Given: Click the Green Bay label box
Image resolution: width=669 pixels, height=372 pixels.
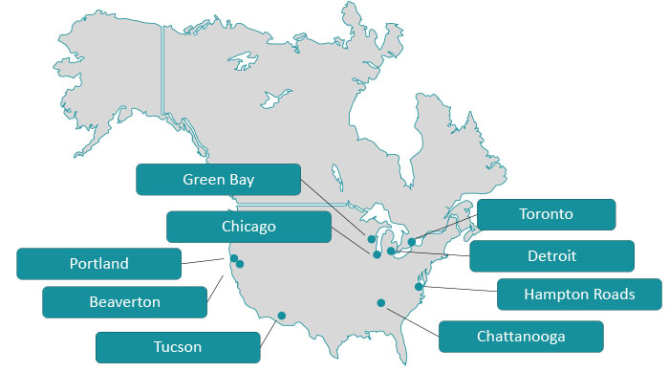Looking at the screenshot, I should coord(218,179).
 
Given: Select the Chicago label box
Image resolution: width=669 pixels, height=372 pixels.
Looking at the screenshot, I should coord(248,227).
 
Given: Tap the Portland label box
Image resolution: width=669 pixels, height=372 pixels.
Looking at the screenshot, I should coord(98,263).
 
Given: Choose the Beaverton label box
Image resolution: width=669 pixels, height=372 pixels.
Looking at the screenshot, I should coord(124,302).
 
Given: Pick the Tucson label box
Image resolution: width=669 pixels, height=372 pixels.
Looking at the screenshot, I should coord(178,346).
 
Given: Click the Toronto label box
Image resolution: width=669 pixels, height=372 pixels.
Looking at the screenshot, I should coord(545,214).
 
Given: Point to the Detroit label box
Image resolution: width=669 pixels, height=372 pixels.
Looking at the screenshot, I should coord(551,256).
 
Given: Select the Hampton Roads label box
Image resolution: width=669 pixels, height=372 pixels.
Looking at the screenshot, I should coord(579,294).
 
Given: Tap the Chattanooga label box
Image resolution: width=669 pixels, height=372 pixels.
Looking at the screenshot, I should coord(521,336).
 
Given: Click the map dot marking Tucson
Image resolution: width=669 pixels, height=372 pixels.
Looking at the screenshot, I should coord(281,315).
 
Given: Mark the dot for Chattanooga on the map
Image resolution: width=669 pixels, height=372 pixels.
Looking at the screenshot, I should coord(380,303).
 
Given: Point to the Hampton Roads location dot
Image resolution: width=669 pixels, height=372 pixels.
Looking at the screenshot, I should coord(419,286).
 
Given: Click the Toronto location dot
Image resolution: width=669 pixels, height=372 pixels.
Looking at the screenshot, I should coord(412,242).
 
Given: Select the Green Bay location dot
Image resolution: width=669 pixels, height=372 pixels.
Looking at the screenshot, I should coord(371,238).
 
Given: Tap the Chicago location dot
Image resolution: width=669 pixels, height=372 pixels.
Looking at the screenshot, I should coord(377,254).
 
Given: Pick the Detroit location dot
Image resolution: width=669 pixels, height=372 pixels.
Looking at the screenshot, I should coord(392,251).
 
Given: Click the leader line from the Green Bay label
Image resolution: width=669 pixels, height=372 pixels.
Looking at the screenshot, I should coord(334,208).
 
